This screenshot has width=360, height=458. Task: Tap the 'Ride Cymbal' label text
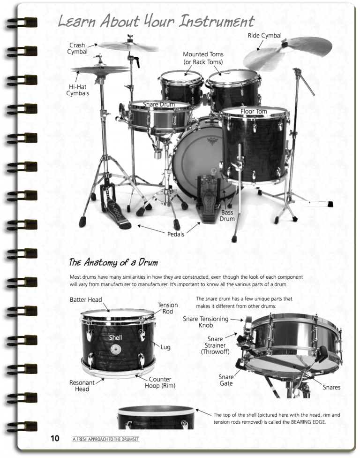(264, 36)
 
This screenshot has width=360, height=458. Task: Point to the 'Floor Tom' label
(254, 112)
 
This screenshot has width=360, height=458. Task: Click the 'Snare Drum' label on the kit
(159, 104)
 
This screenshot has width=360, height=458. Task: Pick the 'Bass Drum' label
(227, 215)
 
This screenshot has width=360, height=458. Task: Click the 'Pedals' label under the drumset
(176, 234)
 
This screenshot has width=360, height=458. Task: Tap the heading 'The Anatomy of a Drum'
(113, 262)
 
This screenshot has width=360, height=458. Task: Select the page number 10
(55, 439)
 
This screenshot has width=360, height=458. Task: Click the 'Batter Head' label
(86, 300)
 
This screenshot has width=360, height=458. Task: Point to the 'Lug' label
(165, 347)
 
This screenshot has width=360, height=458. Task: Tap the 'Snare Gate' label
(226, 381)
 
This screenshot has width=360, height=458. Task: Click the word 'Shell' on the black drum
(115, 337)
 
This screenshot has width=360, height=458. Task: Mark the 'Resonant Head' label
(82, 386)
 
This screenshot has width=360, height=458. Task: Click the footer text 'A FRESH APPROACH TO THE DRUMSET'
(106, 439)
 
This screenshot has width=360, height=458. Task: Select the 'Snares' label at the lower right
(331, 387)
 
